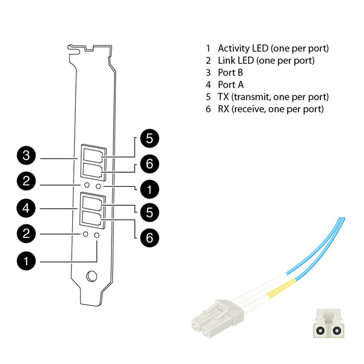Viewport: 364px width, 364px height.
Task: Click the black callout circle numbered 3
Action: [x=26, y=155]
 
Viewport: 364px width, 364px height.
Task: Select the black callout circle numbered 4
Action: [x=26, y=208]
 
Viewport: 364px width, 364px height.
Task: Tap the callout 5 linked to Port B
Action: [x=150, y=138]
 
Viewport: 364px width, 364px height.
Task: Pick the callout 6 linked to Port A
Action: [x=150, y=237]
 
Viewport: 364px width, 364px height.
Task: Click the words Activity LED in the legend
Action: [x=243, y=49]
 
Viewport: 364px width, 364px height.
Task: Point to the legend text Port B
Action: [x=231, y=73]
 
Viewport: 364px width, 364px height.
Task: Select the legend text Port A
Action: [x=231, y=85]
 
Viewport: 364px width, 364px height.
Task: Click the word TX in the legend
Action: [x=223, y=97]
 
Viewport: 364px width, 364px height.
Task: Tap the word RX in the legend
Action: [x=223, y=109]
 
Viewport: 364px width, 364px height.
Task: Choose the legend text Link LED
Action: [x=236, y=60]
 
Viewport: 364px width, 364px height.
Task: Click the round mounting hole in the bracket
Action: [x=92, y=276]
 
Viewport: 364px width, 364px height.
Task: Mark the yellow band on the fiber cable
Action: [x=281, y=289]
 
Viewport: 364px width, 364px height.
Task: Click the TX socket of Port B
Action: [x=93, y=155]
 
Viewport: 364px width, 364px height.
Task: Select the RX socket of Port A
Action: [x=92, y=218]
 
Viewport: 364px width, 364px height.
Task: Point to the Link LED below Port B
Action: [x=87, y=185]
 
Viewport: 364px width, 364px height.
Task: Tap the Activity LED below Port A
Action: [x=97, y=235]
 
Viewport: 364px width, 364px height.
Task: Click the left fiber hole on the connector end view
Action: [x=321, y=330]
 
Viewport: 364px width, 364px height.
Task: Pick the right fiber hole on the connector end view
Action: [x=336, y=330]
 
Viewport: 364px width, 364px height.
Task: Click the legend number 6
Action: [x=208, y=109]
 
